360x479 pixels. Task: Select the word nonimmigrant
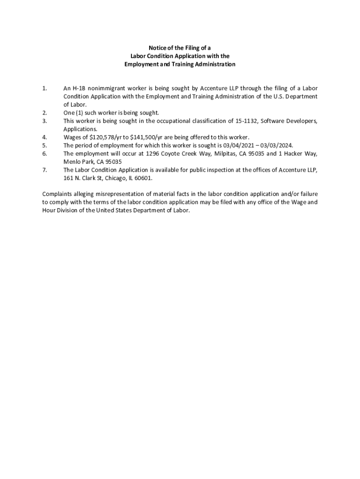tap(108, 88)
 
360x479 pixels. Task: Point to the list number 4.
tap(44, 137)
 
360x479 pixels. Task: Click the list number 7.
tap(44, 170)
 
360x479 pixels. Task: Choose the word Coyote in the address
tap(171, 153)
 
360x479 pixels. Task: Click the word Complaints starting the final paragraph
tap(59, 194)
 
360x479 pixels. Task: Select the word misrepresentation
tap(113, 194)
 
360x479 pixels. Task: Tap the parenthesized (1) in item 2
tap(80, 113)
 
